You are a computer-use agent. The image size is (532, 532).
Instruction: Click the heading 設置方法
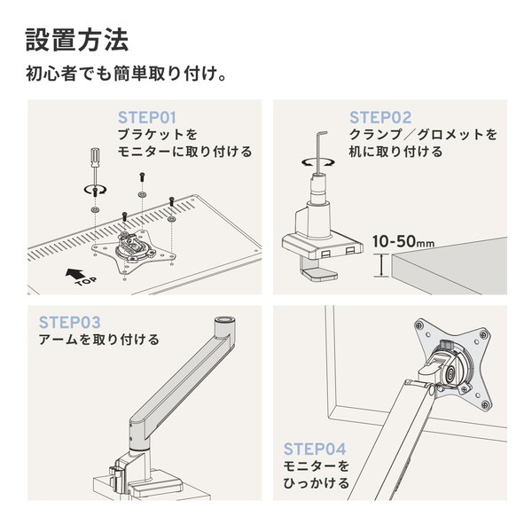click(x=77, y=40)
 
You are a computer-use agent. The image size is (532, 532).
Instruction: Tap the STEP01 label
click(x=148, y=117)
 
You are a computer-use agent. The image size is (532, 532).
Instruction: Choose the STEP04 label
click(x=315, y=449)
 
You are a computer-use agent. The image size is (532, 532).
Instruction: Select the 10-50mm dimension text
click(x=403, y=241)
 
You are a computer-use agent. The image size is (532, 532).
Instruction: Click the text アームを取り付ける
click(x=99, y=340)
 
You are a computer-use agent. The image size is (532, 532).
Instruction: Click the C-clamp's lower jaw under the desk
click(x=317, y=275)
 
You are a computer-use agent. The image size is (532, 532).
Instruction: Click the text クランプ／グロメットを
click(x=423, y=135)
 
